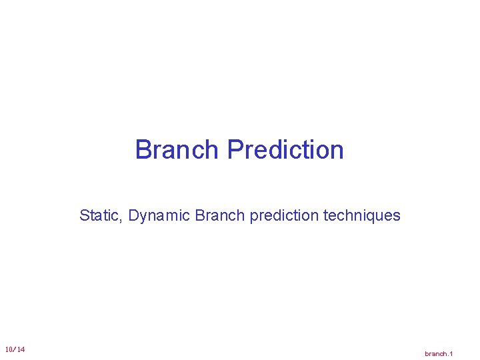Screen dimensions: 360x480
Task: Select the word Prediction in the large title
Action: point(285,150)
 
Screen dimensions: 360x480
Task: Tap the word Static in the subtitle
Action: point(100,215)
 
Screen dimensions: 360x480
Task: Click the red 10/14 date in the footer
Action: point(15,350)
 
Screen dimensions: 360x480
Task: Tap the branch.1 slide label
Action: point(439,353)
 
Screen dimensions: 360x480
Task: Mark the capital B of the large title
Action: point(143,150)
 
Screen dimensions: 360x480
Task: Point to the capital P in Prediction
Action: point(235,150)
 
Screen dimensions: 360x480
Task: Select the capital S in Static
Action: point(84,215)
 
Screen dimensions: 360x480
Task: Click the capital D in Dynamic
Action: point(133,215)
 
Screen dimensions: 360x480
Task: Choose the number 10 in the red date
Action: point(8,350)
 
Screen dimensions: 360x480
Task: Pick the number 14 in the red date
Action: point(21,350)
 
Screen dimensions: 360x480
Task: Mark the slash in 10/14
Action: point(14,350)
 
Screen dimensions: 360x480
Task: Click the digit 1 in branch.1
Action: point(451,353)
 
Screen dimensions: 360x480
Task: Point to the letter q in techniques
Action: point(376,217)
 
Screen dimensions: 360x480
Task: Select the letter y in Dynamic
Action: point(145,217)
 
